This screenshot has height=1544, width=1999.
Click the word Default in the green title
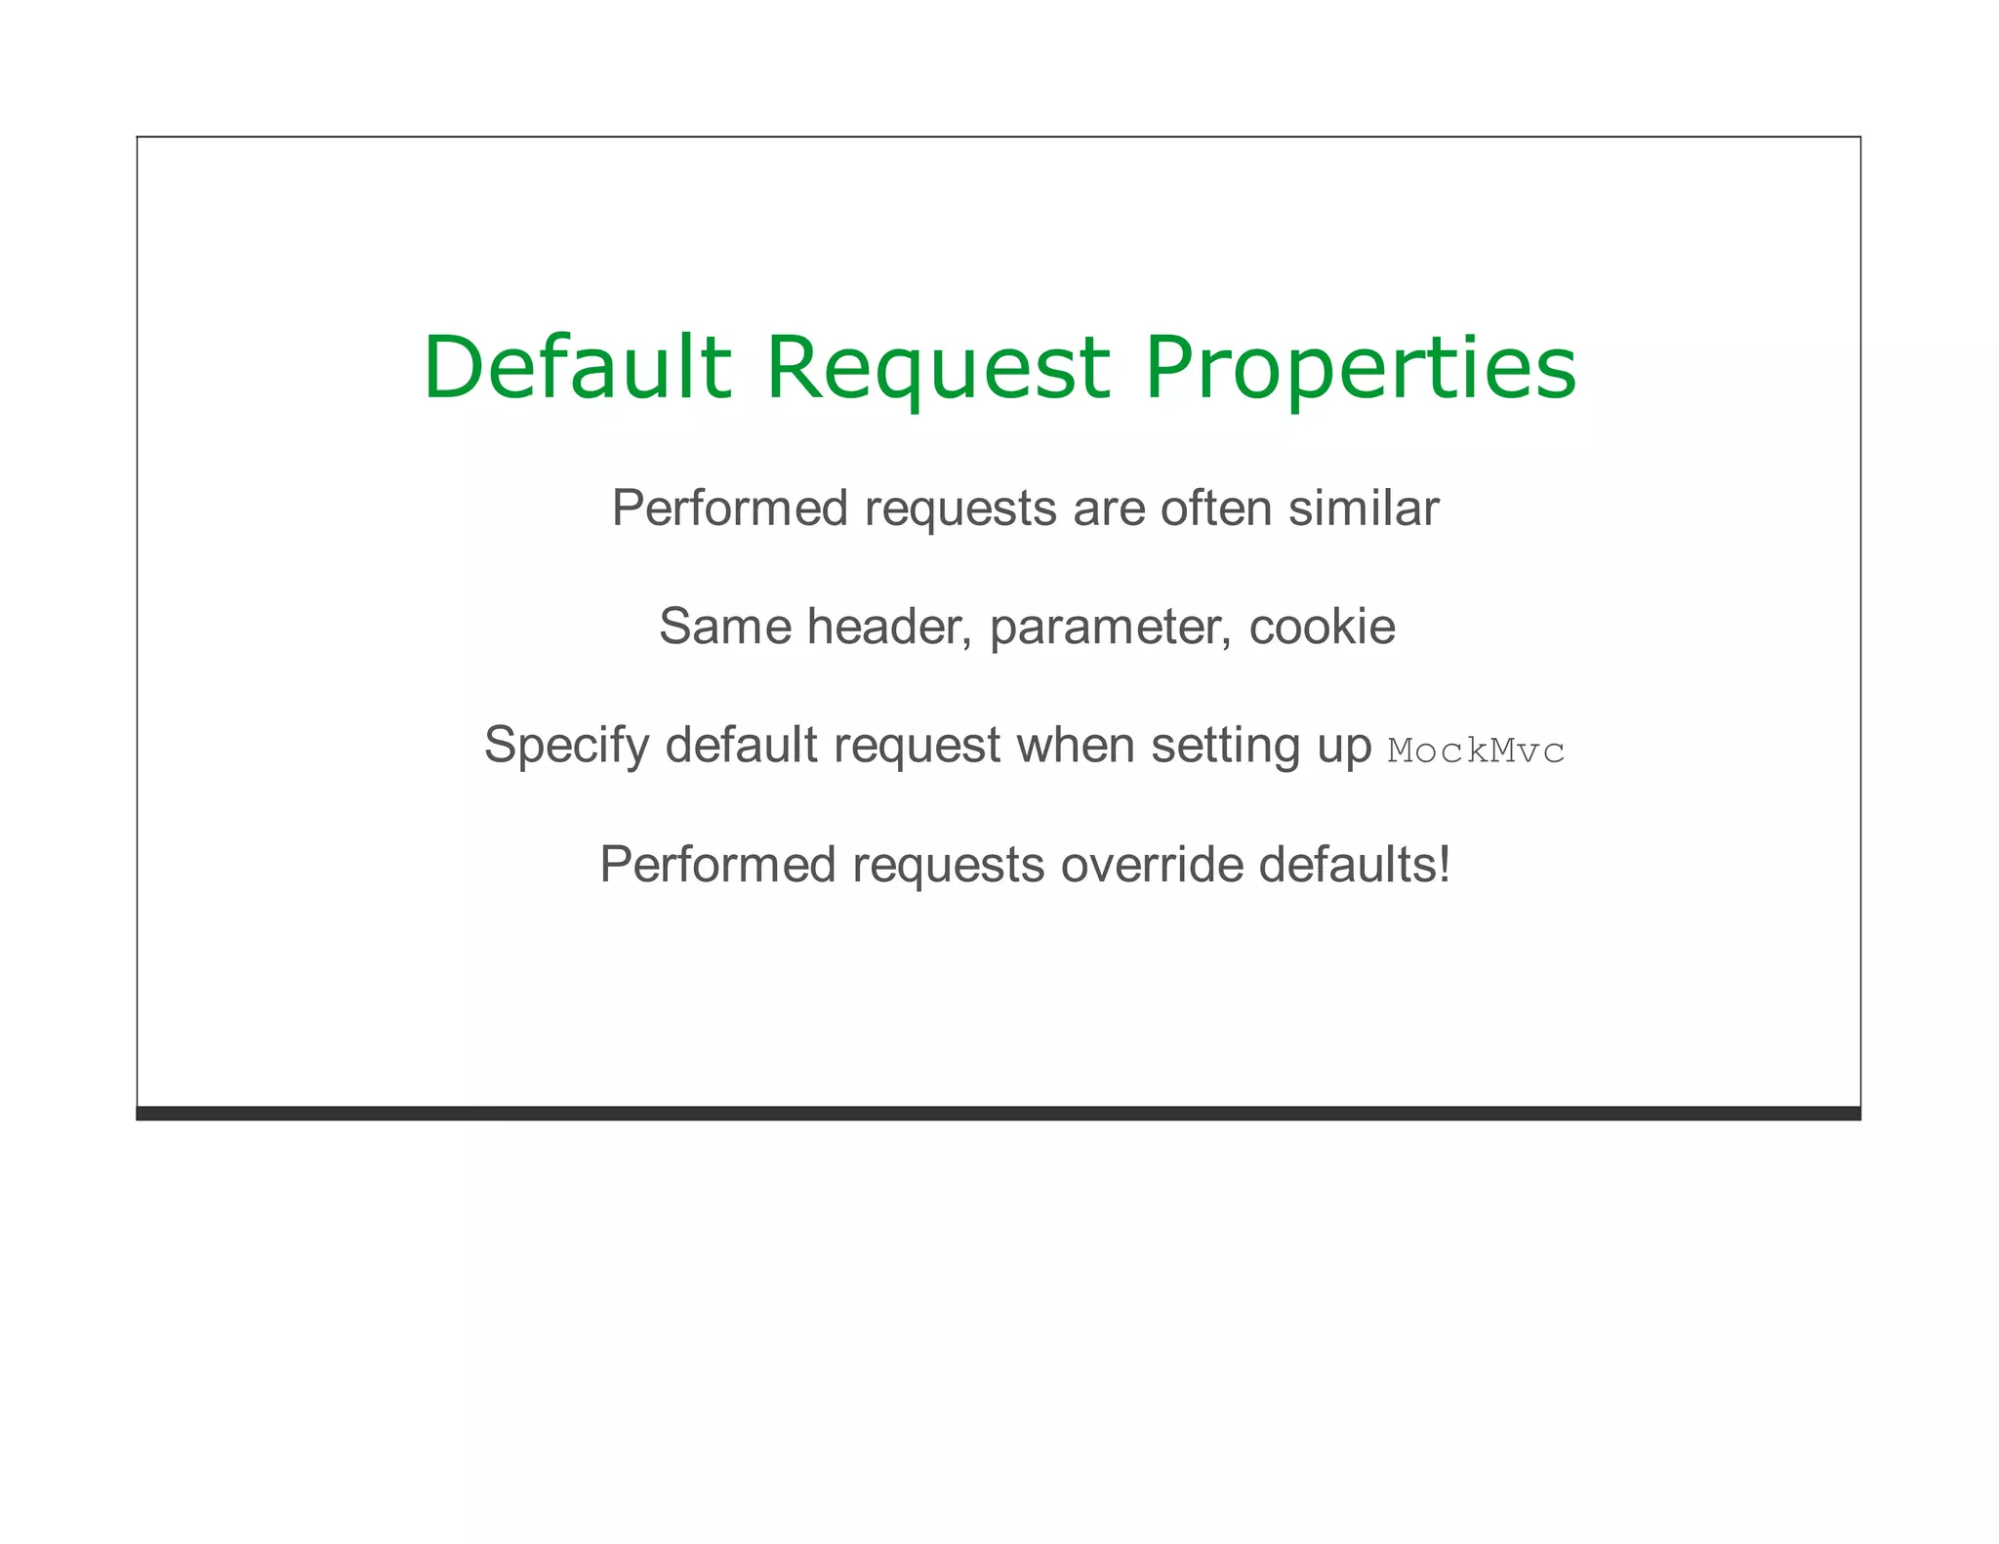tap(577, 368)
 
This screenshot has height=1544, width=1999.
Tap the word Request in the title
tap(938, 368)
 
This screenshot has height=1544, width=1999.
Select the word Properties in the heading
tap(1360, 368)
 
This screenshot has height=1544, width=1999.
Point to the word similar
tap(1363, 508)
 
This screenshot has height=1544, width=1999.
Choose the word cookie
tap(1322, 627)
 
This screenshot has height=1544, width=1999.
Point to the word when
tap(1076, 746)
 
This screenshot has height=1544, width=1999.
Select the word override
tap(1152, 865)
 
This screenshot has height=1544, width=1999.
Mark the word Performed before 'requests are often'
tap(730, 508)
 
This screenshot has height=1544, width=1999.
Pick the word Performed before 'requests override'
tap(718, 865)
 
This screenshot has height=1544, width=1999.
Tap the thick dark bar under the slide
tap(998, 1114)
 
